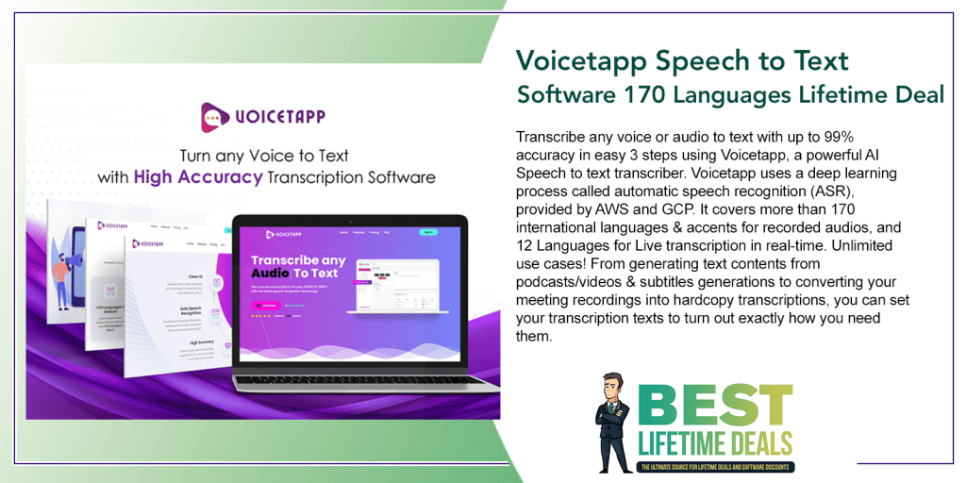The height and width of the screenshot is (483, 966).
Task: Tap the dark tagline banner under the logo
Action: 716,466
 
